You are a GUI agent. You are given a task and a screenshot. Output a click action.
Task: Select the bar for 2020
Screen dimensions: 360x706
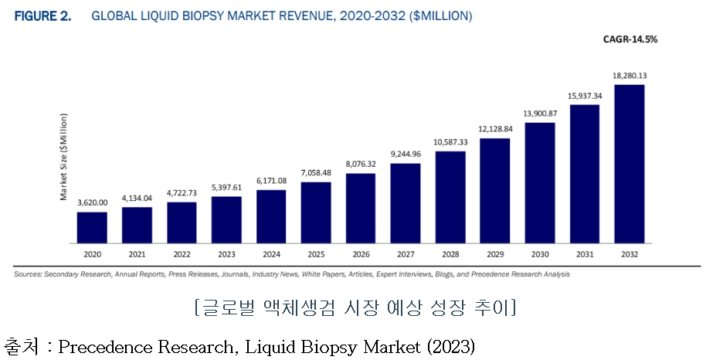pos(92,226)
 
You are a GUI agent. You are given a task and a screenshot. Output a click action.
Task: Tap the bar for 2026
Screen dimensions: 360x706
pos(361,207)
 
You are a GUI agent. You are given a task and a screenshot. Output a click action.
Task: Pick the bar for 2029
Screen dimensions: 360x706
pos(495,189)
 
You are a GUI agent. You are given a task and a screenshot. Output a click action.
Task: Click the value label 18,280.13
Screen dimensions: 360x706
pos(629,76)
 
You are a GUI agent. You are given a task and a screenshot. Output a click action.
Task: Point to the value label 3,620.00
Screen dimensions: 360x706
pos(92,202)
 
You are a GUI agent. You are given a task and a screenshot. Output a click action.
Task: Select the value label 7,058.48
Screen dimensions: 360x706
pos(316,173)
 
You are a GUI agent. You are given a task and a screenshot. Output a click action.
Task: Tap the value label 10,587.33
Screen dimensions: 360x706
pos(450,142)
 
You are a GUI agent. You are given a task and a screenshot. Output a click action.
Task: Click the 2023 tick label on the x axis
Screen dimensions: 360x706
pos(226,253)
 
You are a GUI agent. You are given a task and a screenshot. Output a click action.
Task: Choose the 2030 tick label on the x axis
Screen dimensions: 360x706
pos(540,253)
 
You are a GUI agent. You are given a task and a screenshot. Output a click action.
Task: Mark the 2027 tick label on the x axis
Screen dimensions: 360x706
pos(406,253)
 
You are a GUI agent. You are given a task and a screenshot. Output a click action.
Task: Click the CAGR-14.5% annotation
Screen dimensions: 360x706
pos(631,39)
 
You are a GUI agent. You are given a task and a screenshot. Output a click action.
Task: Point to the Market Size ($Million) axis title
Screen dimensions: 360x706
pos(64,157)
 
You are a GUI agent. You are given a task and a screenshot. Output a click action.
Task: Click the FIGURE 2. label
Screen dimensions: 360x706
pos(42,15)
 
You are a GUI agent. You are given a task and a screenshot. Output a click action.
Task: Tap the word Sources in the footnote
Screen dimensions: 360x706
pos(27,274)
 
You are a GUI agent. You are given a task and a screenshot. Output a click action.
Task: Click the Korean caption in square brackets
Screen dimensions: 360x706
pos(355,308)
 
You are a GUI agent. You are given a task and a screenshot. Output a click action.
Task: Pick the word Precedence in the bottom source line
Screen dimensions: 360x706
pos(106,347)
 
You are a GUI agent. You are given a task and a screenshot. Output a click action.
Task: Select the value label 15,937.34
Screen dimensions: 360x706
pos(584,95)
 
